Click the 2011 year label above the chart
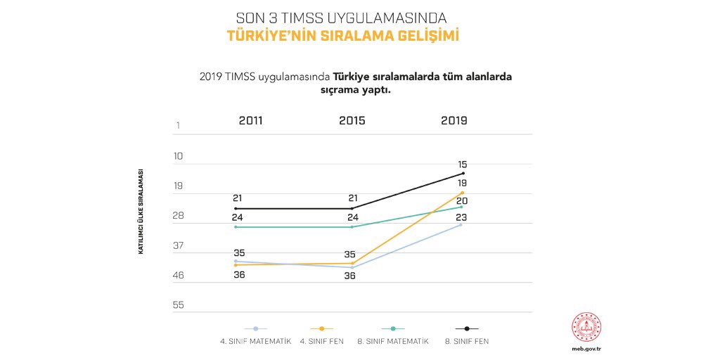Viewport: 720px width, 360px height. [x=250, y=120]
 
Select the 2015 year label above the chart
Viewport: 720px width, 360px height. [x=352, y=120]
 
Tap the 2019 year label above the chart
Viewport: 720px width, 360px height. [x=454, y=120]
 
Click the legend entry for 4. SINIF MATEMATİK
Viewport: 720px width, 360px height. [x=255, y=341]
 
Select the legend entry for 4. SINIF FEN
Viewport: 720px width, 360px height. [x=321, y=341]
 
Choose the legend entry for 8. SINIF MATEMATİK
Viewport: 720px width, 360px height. [x=393, y=341]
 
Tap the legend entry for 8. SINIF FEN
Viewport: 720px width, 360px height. [x=466, y=341]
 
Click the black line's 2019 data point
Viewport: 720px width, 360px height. [x=463, y=173]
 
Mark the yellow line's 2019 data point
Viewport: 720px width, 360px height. [x=462, y=192]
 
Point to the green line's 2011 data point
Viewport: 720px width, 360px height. [x=236, y=227]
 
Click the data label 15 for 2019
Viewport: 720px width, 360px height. [x=463, y=164]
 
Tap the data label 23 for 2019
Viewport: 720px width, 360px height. [x=462, y=217]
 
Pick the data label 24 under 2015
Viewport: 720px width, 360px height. [x=353, y=217]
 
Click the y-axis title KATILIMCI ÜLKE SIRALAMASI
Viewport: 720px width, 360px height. [x=141, y=212]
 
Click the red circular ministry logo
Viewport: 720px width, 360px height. [x=586, y=326]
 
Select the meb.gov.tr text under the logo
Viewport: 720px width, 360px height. [x=586, y=348]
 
